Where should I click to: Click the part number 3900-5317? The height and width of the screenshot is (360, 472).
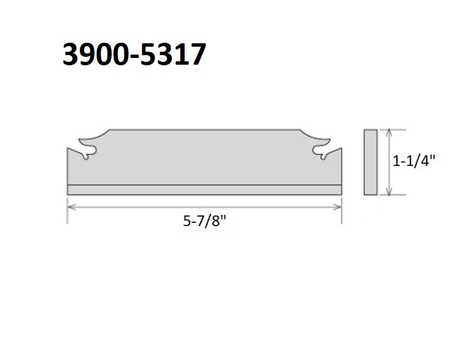(134, 54)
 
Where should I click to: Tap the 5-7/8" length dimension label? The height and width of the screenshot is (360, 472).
(204, 222)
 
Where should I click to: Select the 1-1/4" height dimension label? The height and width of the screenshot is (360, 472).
(414, 161)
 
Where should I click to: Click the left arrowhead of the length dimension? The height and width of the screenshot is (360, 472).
(71, 207)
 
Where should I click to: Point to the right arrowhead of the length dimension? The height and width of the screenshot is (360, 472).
(338, 207)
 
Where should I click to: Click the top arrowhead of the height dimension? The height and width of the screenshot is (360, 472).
(389, 133)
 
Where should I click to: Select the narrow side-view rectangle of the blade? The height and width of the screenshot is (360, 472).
(371, 162)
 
